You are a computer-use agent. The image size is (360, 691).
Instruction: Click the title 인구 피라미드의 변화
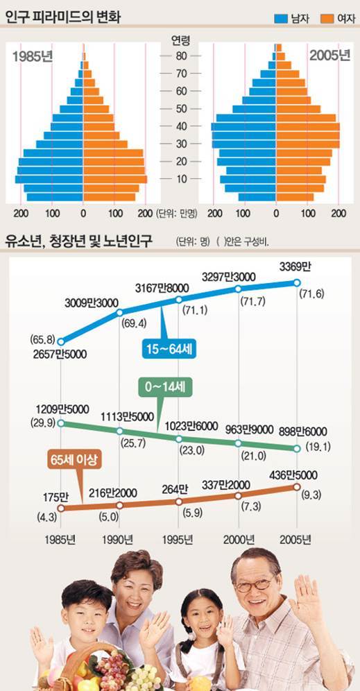(63, 13)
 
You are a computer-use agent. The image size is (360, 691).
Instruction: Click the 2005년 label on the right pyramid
(329, 56)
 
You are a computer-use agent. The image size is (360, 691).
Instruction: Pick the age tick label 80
(180, 56)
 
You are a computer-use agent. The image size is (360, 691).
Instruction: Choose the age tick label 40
(180, 126)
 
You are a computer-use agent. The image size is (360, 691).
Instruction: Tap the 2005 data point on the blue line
(297, 282)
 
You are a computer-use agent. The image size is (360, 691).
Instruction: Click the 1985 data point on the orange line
(61, 507)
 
